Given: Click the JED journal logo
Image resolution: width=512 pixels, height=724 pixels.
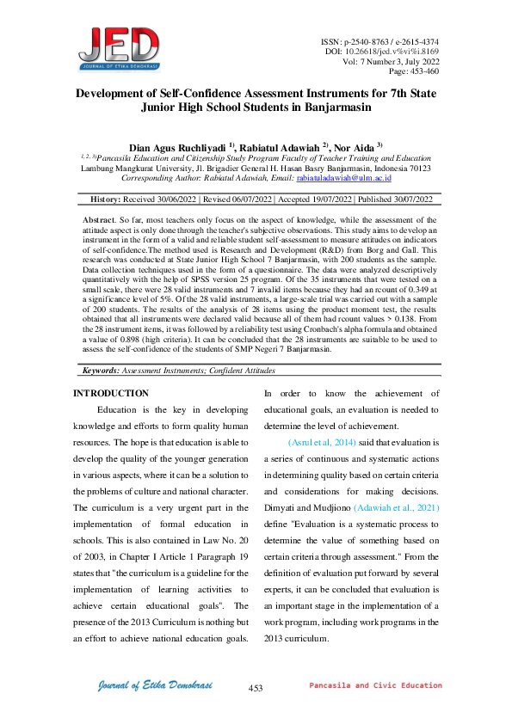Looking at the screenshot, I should click(x=120, y=48).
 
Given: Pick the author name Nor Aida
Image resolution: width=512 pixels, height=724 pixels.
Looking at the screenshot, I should click(x=352, y=147).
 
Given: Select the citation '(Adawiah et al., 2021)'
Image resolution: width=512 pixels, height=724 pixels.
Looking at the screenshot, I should click(x=397, y=508).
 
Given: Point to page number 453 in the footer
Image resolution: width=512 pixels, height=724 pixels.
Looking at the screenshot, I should click(x=255, y=688).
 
